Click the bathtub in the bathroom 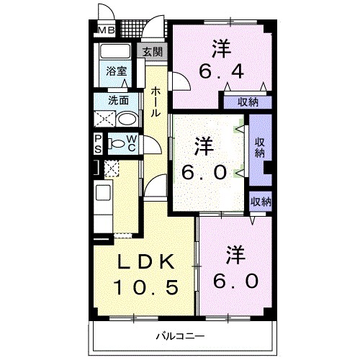click(114, 53)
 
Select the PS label click(98, 143)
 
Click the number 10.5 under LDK click(145, 287)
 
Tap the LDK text click(144, 260)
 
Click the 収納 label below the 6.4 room click(249, 102)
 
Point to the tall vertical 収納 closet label click(259, 147)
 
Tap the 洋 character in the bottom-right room click(235, 254)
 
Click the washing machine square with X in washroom click(106, 119)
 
